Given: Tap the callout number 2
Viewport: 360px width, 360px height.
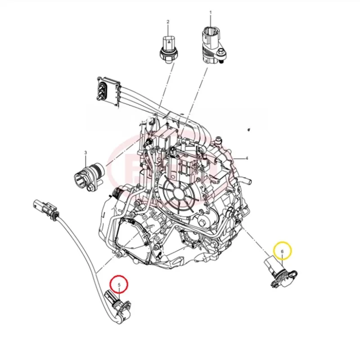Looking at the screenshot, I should pyautogui.click(x=168, y=22).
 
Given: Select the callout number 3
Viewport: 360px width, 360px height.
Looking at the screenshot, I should pyautogui.click(x=85, y=153).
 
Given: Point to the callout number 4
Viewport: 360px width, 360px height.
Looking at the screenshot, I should pyautogui.click(x=247, y=158).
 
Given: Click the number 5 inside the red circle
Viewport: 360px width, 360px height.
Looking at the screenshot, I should pyautogui.click(x=119, y=285).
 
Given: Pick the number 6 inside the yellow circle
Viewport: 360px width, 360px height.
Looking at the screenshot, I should pyautogui.click(x=282, y=251).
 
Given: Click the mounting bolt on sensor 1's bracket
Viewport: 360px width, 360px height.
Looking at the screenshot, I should pyautogui.click(x=221, y=54).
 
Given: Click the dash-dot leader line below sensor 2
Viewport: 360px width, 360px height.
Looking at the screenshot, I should pyautogui.click(x=163, y=90).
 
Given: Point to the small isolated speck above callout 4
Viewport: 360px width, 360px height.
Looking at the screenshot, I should pyautogui.click(x=247, y=130).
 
